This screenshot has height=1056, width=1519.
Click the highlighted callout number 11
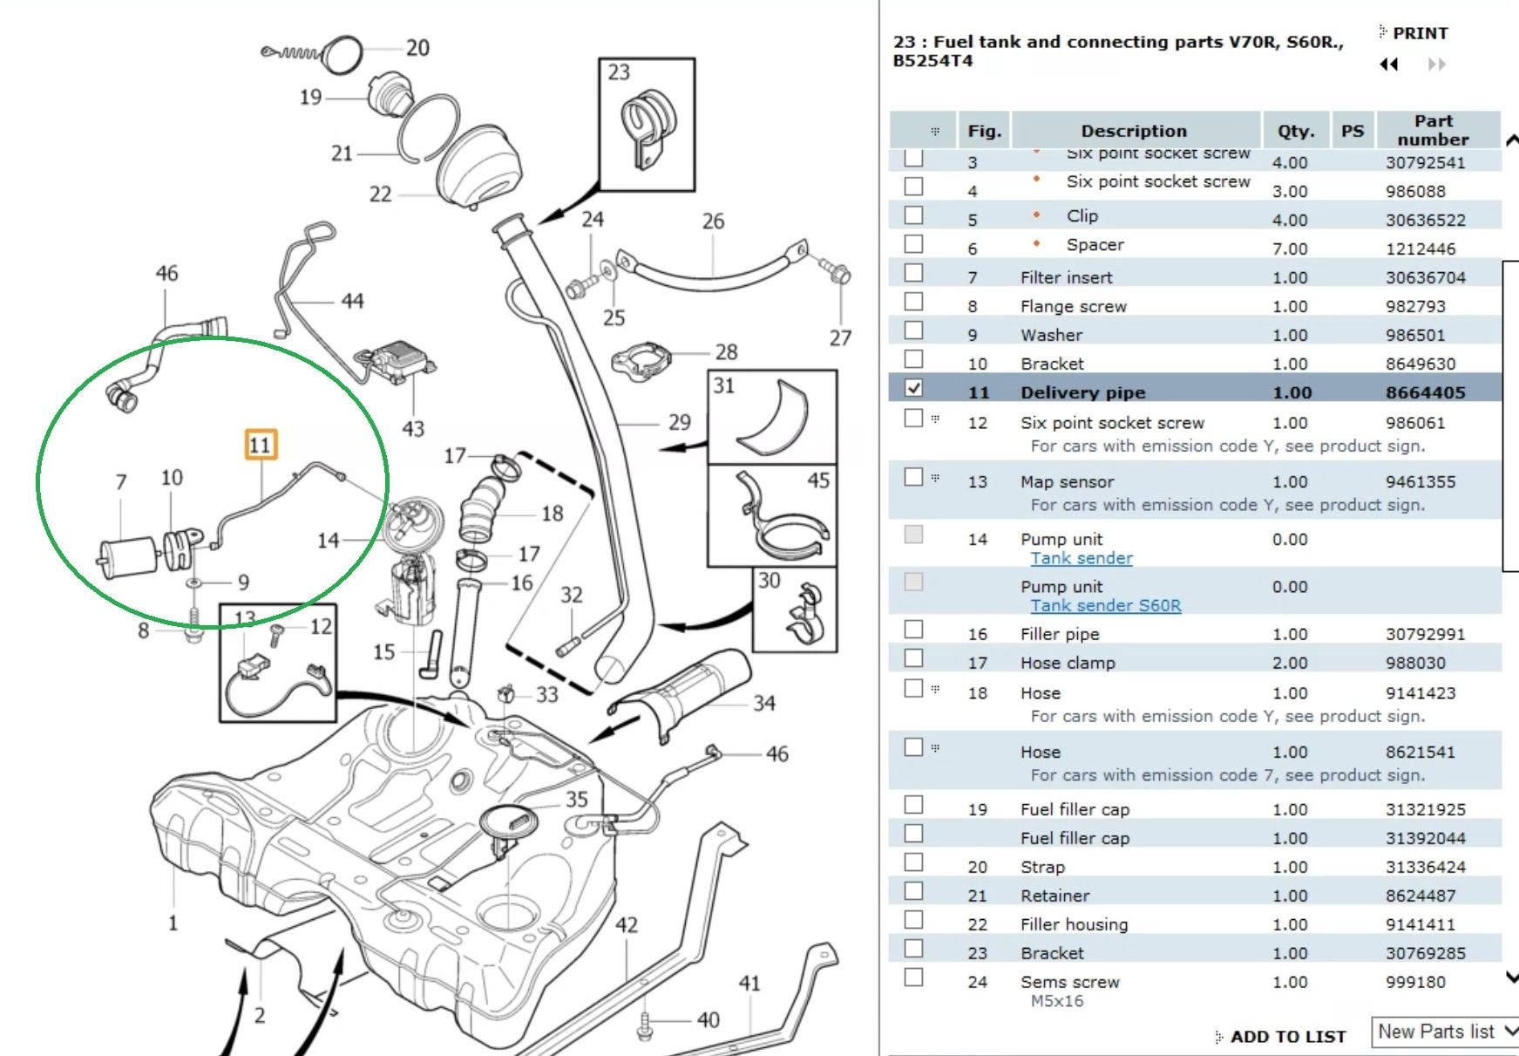coord(260,445)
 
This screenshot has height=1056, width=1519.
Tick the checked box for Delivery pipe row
coord(913,388)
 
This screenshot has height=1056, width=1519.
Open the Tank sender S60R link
coord(1105,605)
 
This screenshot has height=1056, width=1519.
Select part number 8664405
coord(1425,392)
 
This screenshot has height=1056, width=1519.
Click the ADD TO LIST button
coord(1287,1036)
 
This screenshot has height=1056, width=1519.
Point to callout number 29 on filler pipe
coord(679,423)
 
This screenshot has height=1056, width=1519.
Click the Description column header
coord(1133,131)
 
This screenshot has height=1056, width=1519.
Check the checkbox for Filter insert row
coord(913,273)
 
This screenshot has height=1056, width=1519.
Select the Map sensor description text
coord(1067,481)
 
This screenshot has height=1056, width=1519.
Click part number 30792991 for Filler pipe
coord(1425,634)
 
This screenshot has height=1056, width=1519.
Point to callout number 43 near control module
coord(413,428)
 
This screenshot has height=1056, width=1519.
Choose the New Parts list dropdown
coord(1445,1032)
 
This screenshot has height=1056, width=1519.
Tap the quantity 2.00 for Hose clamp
coord(1289,663)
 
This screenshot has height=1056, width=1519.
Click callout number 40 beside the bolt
coord(708,1019)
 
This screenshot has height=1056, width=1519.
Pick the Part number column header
coord(1433,130)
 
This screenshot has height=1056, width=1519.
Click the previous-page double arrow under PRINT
coord(1389,65)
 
